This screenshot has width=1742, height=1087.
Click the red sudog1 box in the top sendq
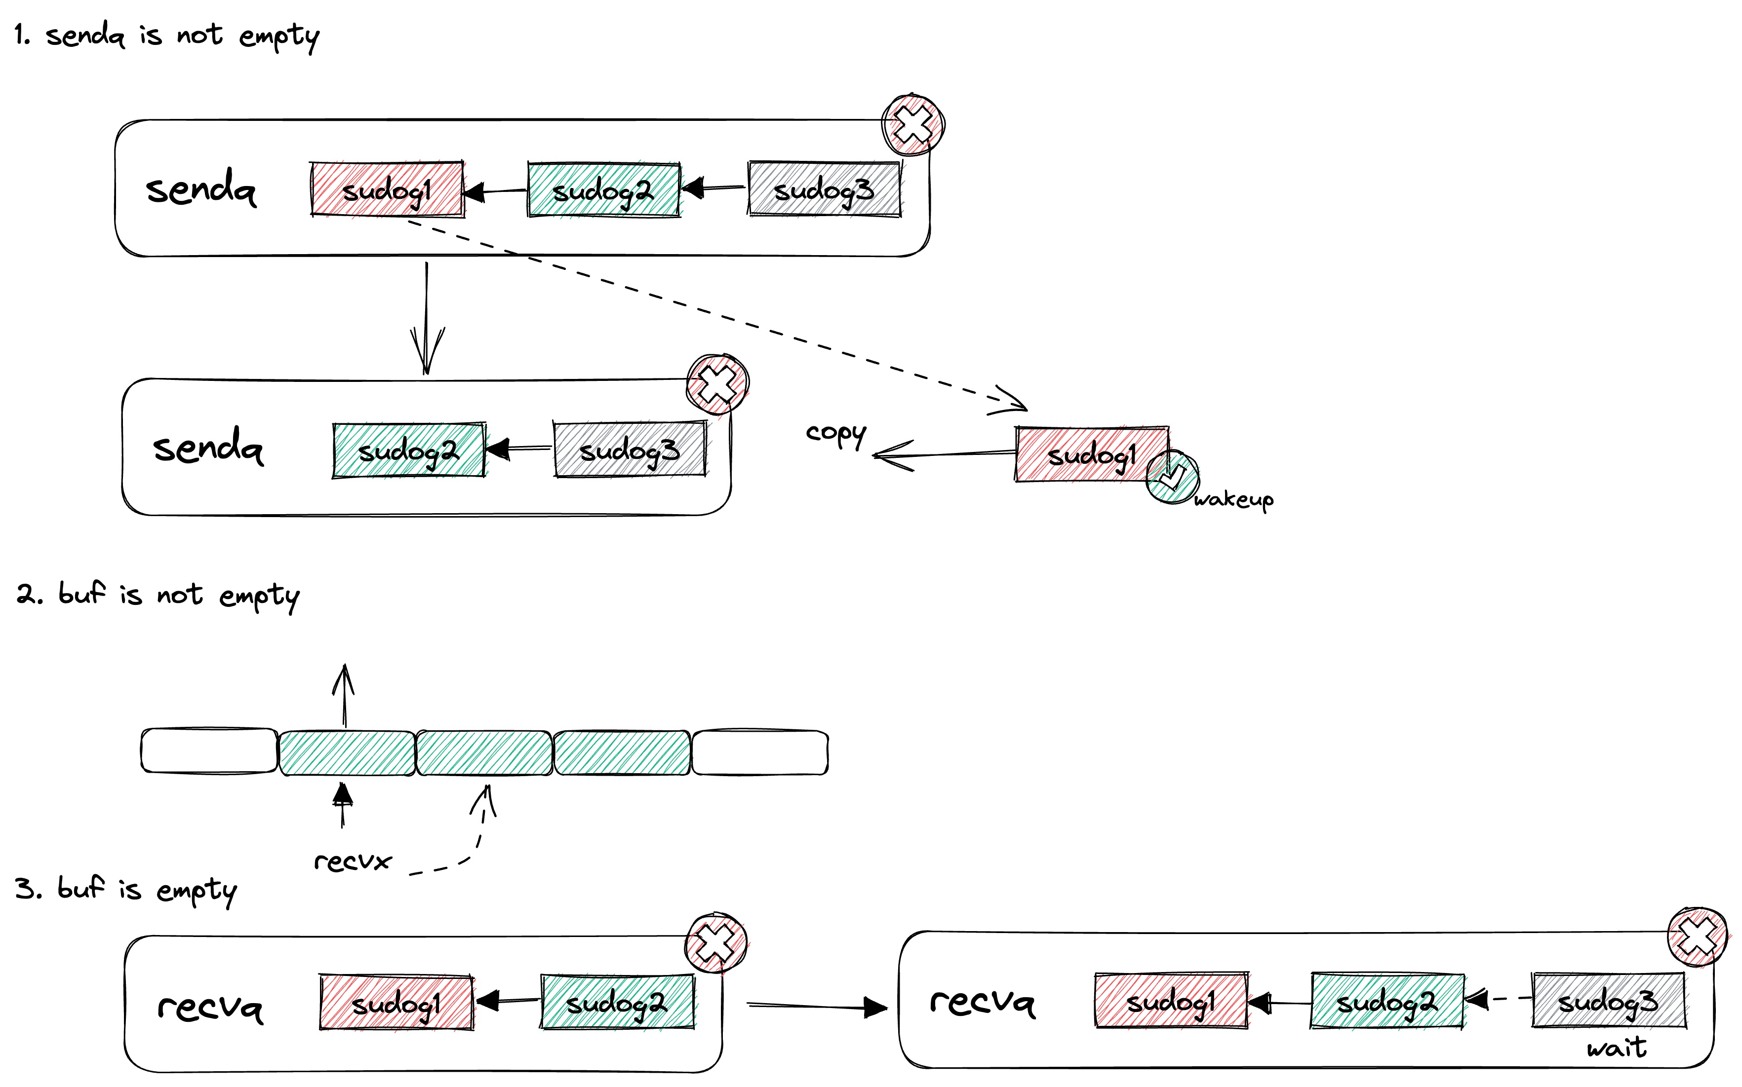click(387, 189)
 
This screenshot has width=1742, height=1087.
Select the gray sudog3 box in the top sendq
click(824, 189)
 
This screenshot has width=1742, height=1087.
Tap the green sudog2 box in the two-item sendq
click(408, 451)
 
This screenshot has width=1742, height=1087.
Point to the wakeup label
click(1233, 499)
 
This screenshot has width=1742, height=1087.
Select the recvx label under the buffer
click(353, 861)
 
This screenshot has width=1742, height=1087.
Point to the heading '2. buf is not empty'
click(158, 595)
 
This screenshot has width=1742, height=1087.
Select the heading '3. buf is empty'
click(126, 889)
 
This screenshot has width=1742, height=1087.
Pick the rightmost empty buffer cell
click(759, 752)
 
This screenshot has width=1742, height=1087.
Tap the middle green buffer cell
click(484, 752)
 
